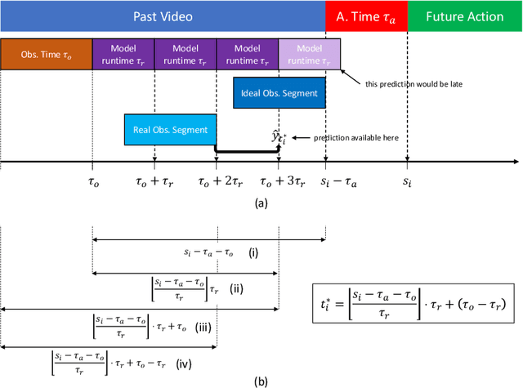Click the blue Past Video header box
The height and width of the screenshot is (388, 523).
pyautogui.click(x=163, y=16)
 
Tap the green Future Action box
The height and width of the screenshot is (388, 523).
pyautogui.click(x=463, y=16)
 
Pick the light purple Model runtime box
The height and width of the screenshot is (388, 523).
pyautogui.click(x=310, y=54)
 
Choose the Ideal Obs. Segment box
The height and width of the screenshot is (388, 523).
pyautogui.click(x=279, y=93)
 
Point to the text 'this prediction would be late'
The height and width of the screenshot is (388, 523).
pyautogui.click(x=405, y=83)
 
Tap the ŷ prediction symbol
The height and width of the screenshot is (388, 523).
pyautogui.click(x=280, y=136)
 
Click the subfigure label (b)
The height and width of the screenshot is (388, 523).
pyautogui.click(x=261, y=381)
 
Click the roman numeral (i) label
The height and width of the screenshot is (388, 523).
pyautogui.click(x=254, y=254)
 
